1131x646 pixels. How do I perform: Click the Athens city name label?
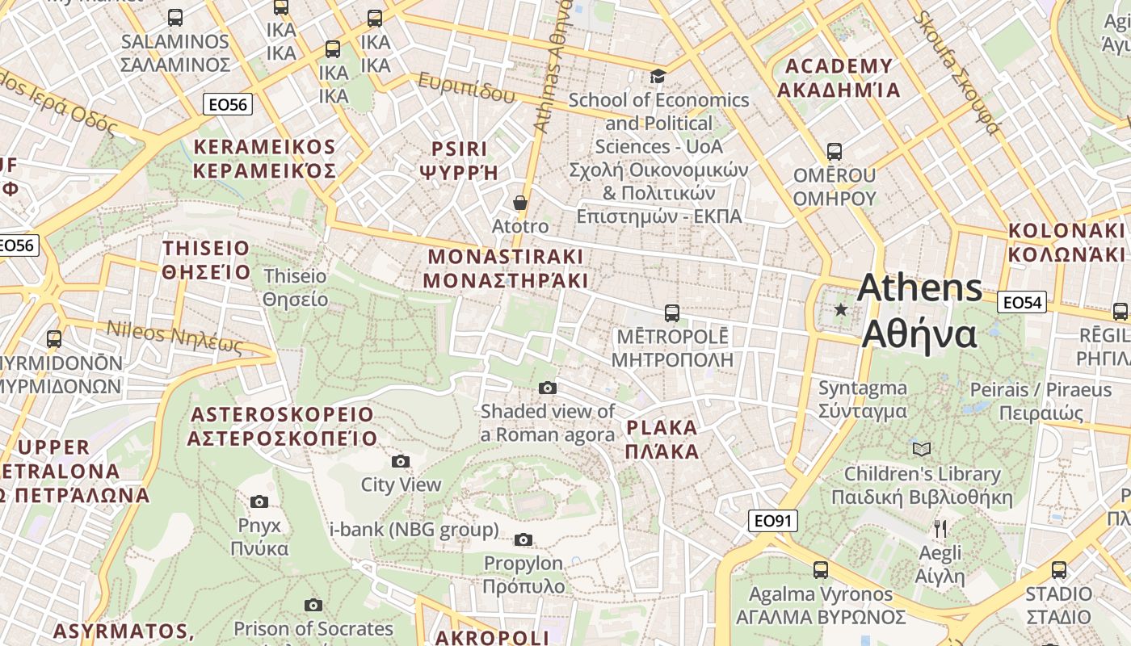(x=919, y=311)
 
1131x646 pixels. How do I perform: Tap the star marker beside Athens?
(x=841, y=309)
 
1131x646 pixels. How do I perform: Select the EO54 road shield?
(x=1022, y=303)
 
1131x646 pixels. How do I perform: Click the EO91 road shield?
(x=772, y=521)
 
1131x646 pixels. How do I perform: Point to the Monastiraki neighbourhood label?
(x=506, y=269)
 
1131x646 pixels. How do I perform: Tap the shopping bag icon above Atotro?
(x=520, y=203)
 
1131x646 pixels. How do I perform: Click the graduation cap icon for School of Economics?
(x=658, y=77)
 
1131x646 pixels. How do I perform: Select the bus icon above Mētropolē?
(x=671, y=313)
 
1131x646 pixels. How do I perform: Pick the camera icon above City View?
(x=400, y=461)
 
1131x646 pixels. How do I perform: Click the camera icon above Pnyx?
(x=259, y=501)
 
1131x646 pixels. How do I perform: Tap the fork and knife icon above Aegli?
(x=940, y=529)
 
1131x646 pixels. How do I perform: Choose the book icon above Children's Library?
(x=921, y=449)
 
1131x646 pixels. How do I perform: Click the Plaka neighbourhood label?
(x=662, y=439)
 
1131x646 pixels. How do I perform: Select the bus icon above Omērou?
(x=835, y=151)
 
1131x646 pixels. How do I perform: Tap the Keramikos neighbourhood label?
(x=264, y=158)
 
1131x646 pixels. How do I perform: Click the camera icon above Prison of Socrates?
(x=313, y=605)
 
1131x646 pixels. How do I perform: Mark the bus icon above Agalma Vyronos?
(x=821, y=569)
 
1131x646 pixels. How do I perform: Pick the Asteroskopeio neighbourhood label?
(x=282, y=426)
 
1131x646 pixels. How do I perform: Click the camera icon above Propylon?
(x=523, y=539)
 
